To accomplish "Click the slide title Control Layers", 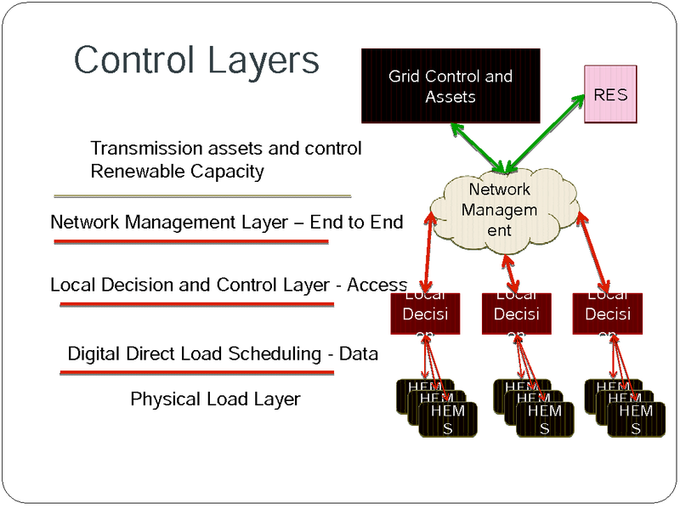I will [x=196, y=60].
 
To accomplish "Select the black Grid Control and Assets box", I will [x=450, y=86].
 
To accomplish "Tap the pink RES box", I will [x=610, y=95].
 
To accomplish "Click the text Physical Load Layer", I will [x=215, y=399].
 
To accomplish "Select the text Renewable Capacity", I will [x=177, y=172].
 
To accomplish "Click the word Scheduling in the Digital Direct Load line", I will [x=275, y=353].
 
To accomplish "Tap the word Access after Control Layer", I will [x=377, y=285].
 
